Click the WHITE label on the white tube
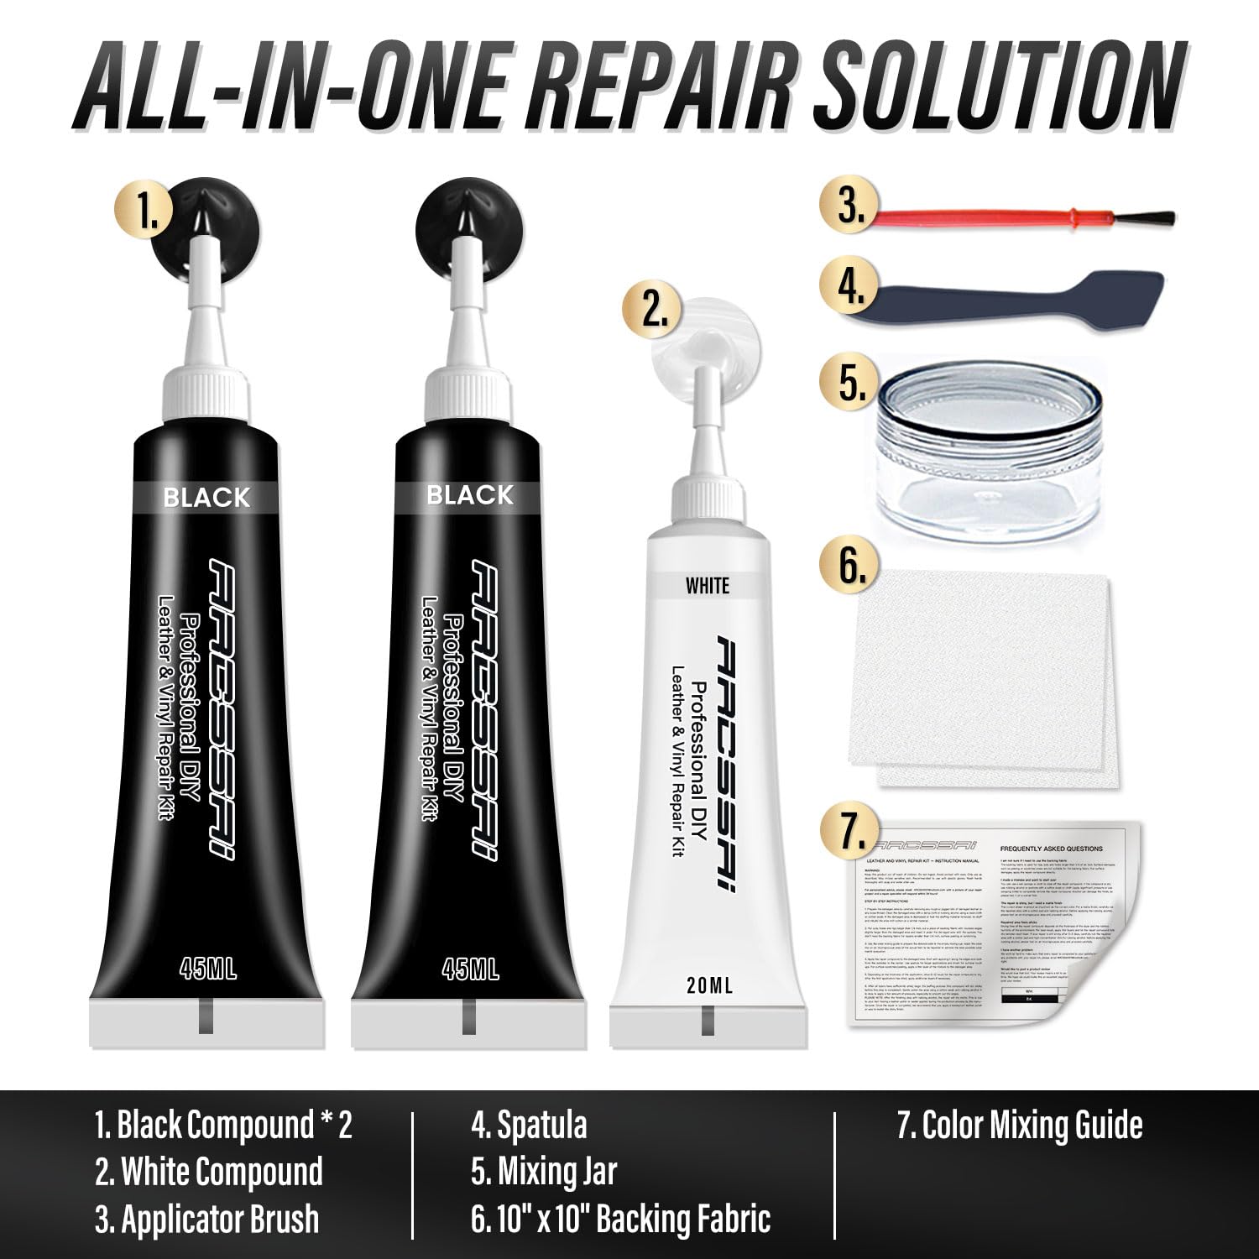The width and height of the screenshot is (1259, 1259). coord(708,585)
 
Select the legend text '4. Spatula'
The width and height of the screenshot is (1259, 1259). coord(528,1125)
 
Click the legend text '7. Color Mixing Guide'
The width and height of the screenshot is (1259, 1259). coord(1019,1125)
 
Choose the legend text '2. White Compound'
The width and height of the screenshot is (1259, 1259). coord(209,1172)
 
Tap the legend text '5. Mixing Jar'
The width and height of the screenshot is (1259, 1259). coord(543,1172)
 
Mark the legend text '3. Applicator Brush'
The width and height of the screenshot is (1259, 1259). coord(206,1220)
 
